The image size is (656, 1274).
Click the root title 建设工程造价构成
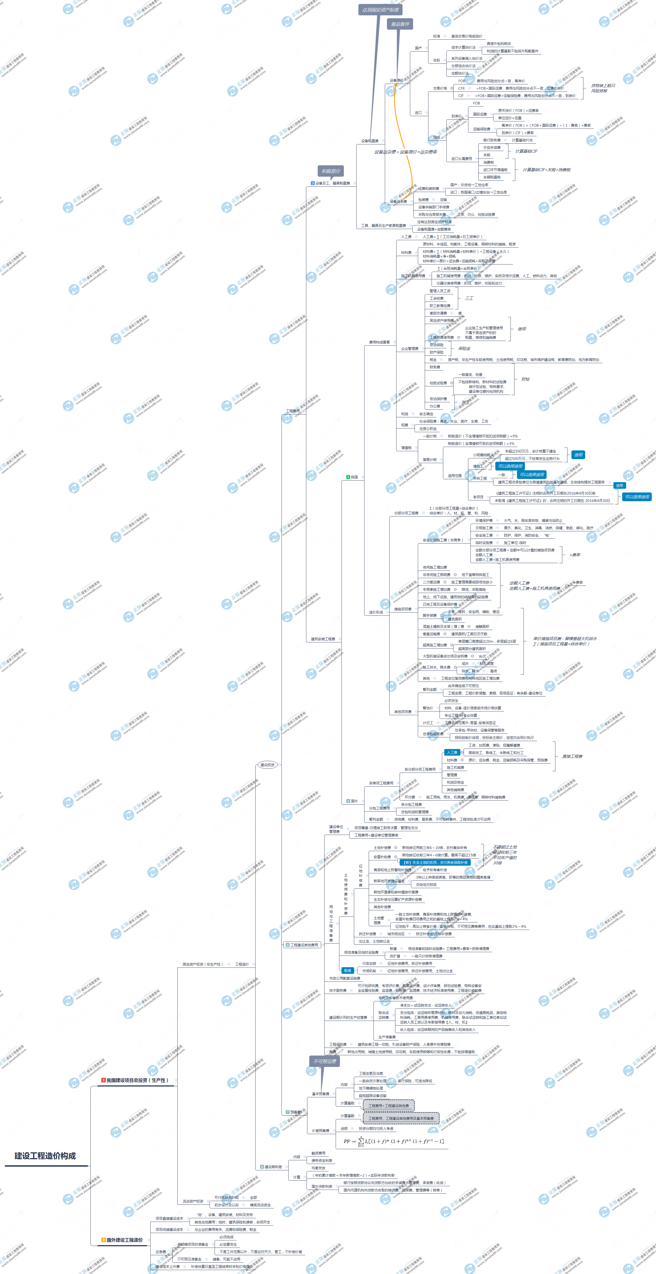click(45, 1156)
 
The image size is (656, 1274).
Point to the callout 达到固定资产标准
click(380, 10)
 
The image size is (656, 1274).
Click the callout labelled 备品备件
click(400, 24)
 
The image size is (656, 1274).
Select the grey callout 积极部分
click(331, 171)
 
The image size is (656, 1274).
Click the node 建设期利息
click(273, 1167)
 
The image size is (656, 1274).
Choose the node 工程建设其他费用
click(303, 945)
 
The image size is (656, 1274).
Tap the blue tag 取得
click(348, 970)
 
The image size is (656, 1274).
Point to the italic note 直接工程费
click(572, 756)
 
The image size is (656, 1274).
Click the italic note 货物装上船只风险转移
click(603, 88)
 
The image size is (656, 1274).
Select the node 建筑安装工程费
click(323, 639)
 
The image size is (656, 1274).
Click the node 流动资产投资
click(193, 1201)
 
